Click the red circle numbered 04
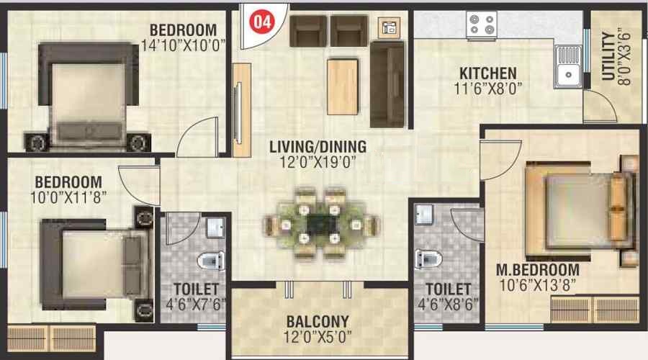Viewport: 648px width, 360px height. pos(261,21)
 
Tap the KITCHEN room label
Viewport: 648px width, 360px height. pos(488,73)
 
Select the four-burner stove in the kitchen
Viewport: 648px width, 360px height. pos(482,24)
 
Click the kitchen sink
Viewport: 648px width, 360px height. pos(568,66)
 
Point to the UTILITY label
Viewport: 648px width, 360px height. pos(608,56)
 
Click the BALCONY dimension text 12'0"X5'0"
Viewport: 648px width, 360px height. pos(318,336)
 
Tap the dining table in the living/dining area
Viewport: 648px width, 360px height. pos(320,225)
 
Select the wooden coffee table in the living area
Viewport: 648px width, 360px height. pos(343,86)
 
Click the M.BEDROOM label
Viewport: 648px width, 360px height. pos(537,270)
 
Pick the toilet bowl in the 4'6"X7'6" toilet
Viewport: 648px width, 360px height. pos(211,261)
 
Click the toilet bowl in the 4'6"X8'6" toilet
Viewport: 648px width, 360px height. pos(428,258)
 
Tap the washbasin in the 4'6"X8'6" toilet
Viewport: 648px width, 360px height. pos(424,215)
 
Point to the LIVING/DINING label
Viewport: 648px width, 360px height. pos(318,147)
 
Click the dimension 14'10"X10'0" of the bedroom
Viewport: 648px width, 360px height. pos(184,45)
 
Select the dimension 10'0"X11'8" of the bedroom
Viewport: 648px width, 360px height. pos(68,197)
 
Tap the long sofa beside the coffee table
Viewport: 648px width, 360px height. pos(387,84)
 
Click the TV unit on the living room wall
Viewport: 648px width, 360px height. pos(241,110)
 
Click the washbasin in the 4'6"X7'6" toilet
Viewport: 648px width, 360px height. pos(215,228)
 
